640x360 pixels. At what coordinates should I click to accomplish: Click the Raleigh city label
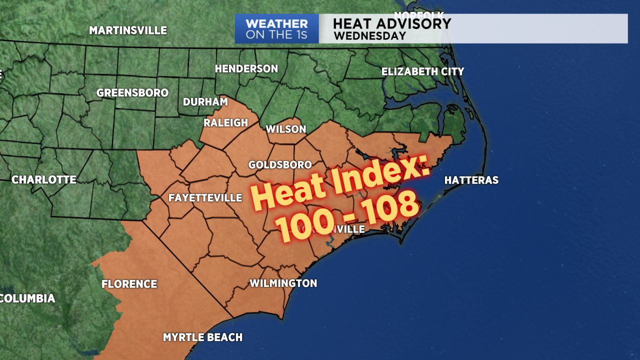click(x=226, y=122)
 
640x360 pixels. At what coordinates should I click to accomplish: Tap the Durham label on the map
click(x=205, y=102)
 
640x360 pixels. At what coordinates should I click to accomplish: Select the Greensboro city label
click(x=132, y=93)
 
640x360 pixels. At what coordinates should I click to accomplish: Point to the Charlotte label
click(x=44, y=179)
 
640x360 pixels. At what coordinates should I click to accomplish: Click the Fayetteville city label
click(x=205, y=197)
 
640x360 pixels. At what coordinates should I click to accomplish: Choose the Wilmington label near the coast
click(x=283, y=283)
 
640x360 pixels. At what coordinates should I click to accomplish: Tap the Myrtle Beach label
click(x=202, y=337)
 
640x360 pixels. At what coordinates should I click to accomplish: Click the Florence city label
click(x=129, y=284)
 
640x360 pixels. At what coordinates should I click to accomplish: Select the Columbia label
click(x=27, y=298)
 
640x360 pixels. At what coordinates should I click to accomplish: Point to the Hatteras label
click(x=471, y=180)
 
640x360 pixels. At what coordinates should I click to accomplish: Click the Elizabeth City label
click(x=422, y=71)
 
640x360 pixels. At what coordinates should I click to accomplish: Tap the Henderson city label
click(x=246, y=68)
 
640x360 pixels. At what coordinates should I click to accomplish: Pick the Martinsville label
click(x=128, y=30)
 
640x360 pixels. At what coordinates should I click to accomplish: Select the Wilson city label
click(x=285, y=129)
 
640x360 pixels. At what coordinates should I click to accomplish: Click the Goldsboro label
click(x=280, y=164)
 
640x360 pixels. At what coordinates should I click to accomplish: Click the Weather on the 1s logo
click(x=276, y=29)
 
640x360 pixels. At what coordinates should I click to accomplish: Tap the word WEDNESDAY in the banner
click(x=369, y=36)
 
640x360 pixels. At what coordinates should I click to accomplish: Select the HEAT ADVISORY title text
click(x=391, y=23)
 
